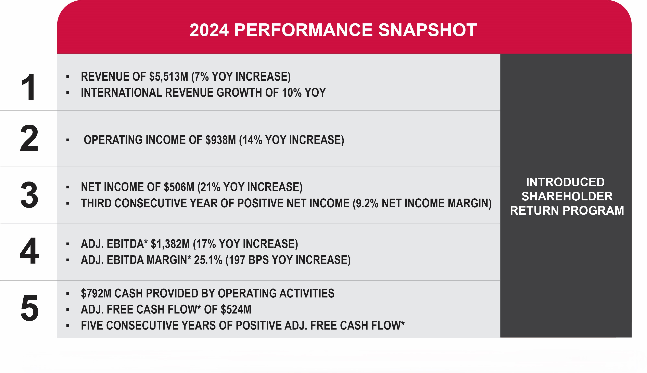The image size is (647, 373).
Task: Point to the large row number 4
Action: [29, 251]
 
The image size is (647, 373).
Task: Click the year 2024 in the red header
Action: [209, 30]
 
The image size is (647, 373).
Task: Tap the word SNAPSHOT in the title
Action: [427, 30]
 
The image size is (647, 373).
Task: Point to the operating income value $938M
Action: [220, 140]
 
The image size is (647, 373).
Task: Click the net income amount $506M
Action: [179, 187]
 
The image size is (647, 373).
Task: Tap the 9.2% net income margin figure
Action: [366, 203]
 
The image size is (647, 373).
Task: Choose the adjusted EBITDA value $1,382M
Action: [170, 244]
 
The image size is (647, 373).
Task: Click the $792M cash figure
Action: [96, 294]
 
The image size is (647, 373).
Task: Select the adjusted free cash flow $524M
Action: [236, 309]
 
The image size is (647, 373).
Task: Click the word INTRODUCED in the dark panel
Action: [565, 182]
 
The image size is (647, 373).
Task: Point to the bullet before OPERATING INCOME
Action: [68, 140]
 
